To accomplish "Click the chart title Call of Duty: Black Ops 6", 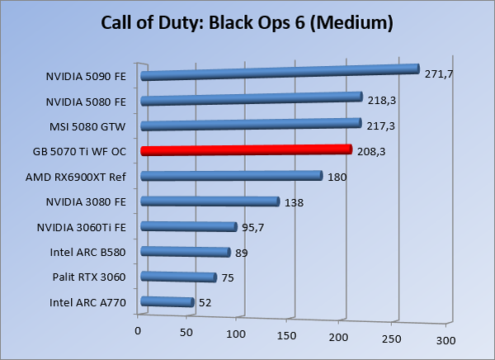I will coord(247,22).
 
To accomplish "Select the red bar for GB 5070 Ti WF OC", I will coord(246,150).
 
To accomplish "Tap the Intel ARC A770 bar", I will coord(167,302).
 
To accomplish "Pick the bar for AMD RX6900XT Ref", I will coord(231,175).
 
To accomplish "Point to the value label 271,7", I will coord(440,74).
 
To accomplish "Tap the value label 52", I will coord(205,303).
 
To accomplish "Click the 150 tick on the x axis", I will coord(287,337).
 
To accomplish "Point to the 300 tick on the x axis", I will coord(446,341).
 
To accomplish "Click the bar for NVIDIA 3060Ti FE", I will coord(189,226).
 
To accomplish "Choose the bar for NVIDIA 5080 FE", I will coord(252,100).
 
